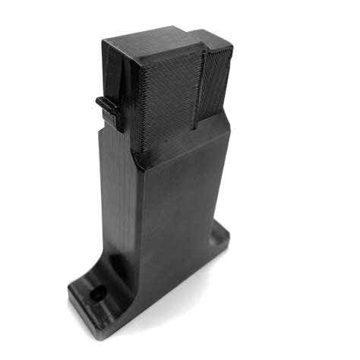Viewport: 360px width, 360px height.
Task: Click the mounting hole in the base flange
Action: (x=96, y=292)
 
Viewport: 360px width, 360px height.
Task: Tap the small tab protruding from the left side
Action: (x=107, y=105)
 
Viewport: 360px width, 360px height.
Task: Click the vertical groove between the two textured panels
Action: (x=198, y=87)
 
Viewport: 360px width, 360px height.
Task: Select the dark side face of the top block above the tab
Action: (x=114, y=72)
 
